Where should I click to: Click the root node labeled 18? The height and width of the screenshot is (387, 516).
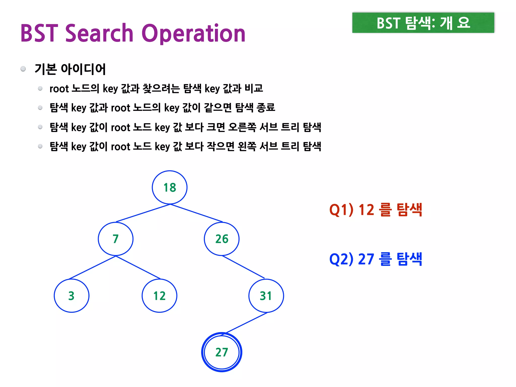170,187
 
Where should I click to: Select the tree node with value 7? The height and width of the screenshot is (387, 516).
116,239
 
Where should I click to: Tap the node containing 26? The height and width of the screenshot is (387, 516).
222,239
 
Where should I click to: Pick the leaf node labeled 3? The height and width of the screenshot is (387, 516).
72,296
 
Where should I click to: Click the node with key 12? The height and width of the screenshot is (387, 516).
159,296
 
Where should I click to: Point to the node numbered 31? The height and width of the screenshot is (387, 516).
266,296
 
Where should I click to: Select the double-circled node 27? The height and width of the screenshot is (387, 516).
222,352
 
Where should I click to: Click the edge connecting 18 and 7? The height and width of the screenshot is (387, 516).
143,213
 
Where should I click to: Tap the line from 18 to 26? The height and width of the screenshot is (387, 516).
197,213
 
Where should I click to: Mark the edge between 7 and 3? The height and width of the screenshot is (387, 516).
92,267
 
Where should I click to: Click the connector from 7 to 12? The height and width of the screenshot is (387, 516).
138,267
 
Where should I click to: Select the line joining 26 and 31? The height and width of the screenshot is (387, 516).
243,267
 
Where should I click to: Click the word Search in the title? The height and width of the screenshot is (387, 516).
99,33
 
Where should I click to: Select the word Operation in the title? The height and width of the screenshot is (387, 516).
193,34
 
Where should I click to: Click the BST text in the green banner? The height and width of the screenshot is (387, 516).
388,23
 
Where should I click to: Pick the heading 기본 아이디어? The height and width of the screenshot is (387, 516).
70,69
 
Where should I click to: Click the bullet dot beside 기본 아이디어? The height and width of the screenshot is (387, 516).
23,69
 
